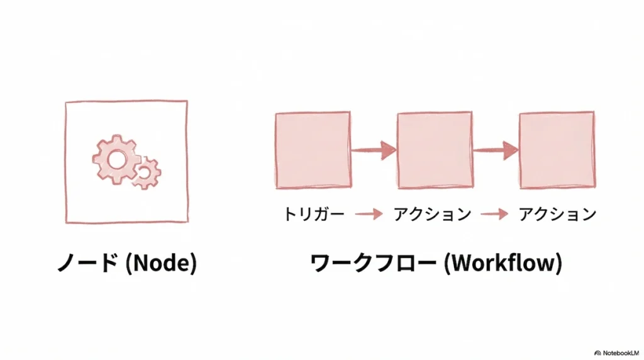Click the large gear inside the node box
pos(116,159)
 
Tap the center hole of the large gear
pos(116,159)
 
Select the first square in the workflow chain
pos(313,150)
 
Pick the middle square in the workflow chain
pos(435,150)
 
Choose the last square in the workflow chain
pos(557,150)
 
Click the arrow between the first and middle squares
pos(374,150)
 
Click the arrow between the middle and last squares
pos(496,150)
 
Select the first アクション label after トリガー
pos(433,215)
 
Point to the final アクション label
pos(557,215)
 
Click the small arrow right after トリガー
pos(369,215)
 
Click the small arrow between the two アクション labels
pos(494,215)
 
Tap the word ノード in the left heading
pos(87,263)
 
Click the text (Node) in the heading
pos(161,263)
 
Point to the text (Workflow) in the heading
pos(502,263)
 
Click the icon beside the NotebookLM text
pos(597,353)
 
